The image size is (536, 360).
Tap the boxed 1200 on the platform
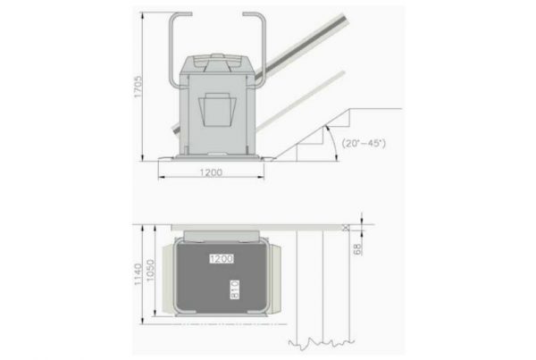pos(221,258)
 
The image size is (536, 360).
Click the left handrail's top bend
pos(172,16)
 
